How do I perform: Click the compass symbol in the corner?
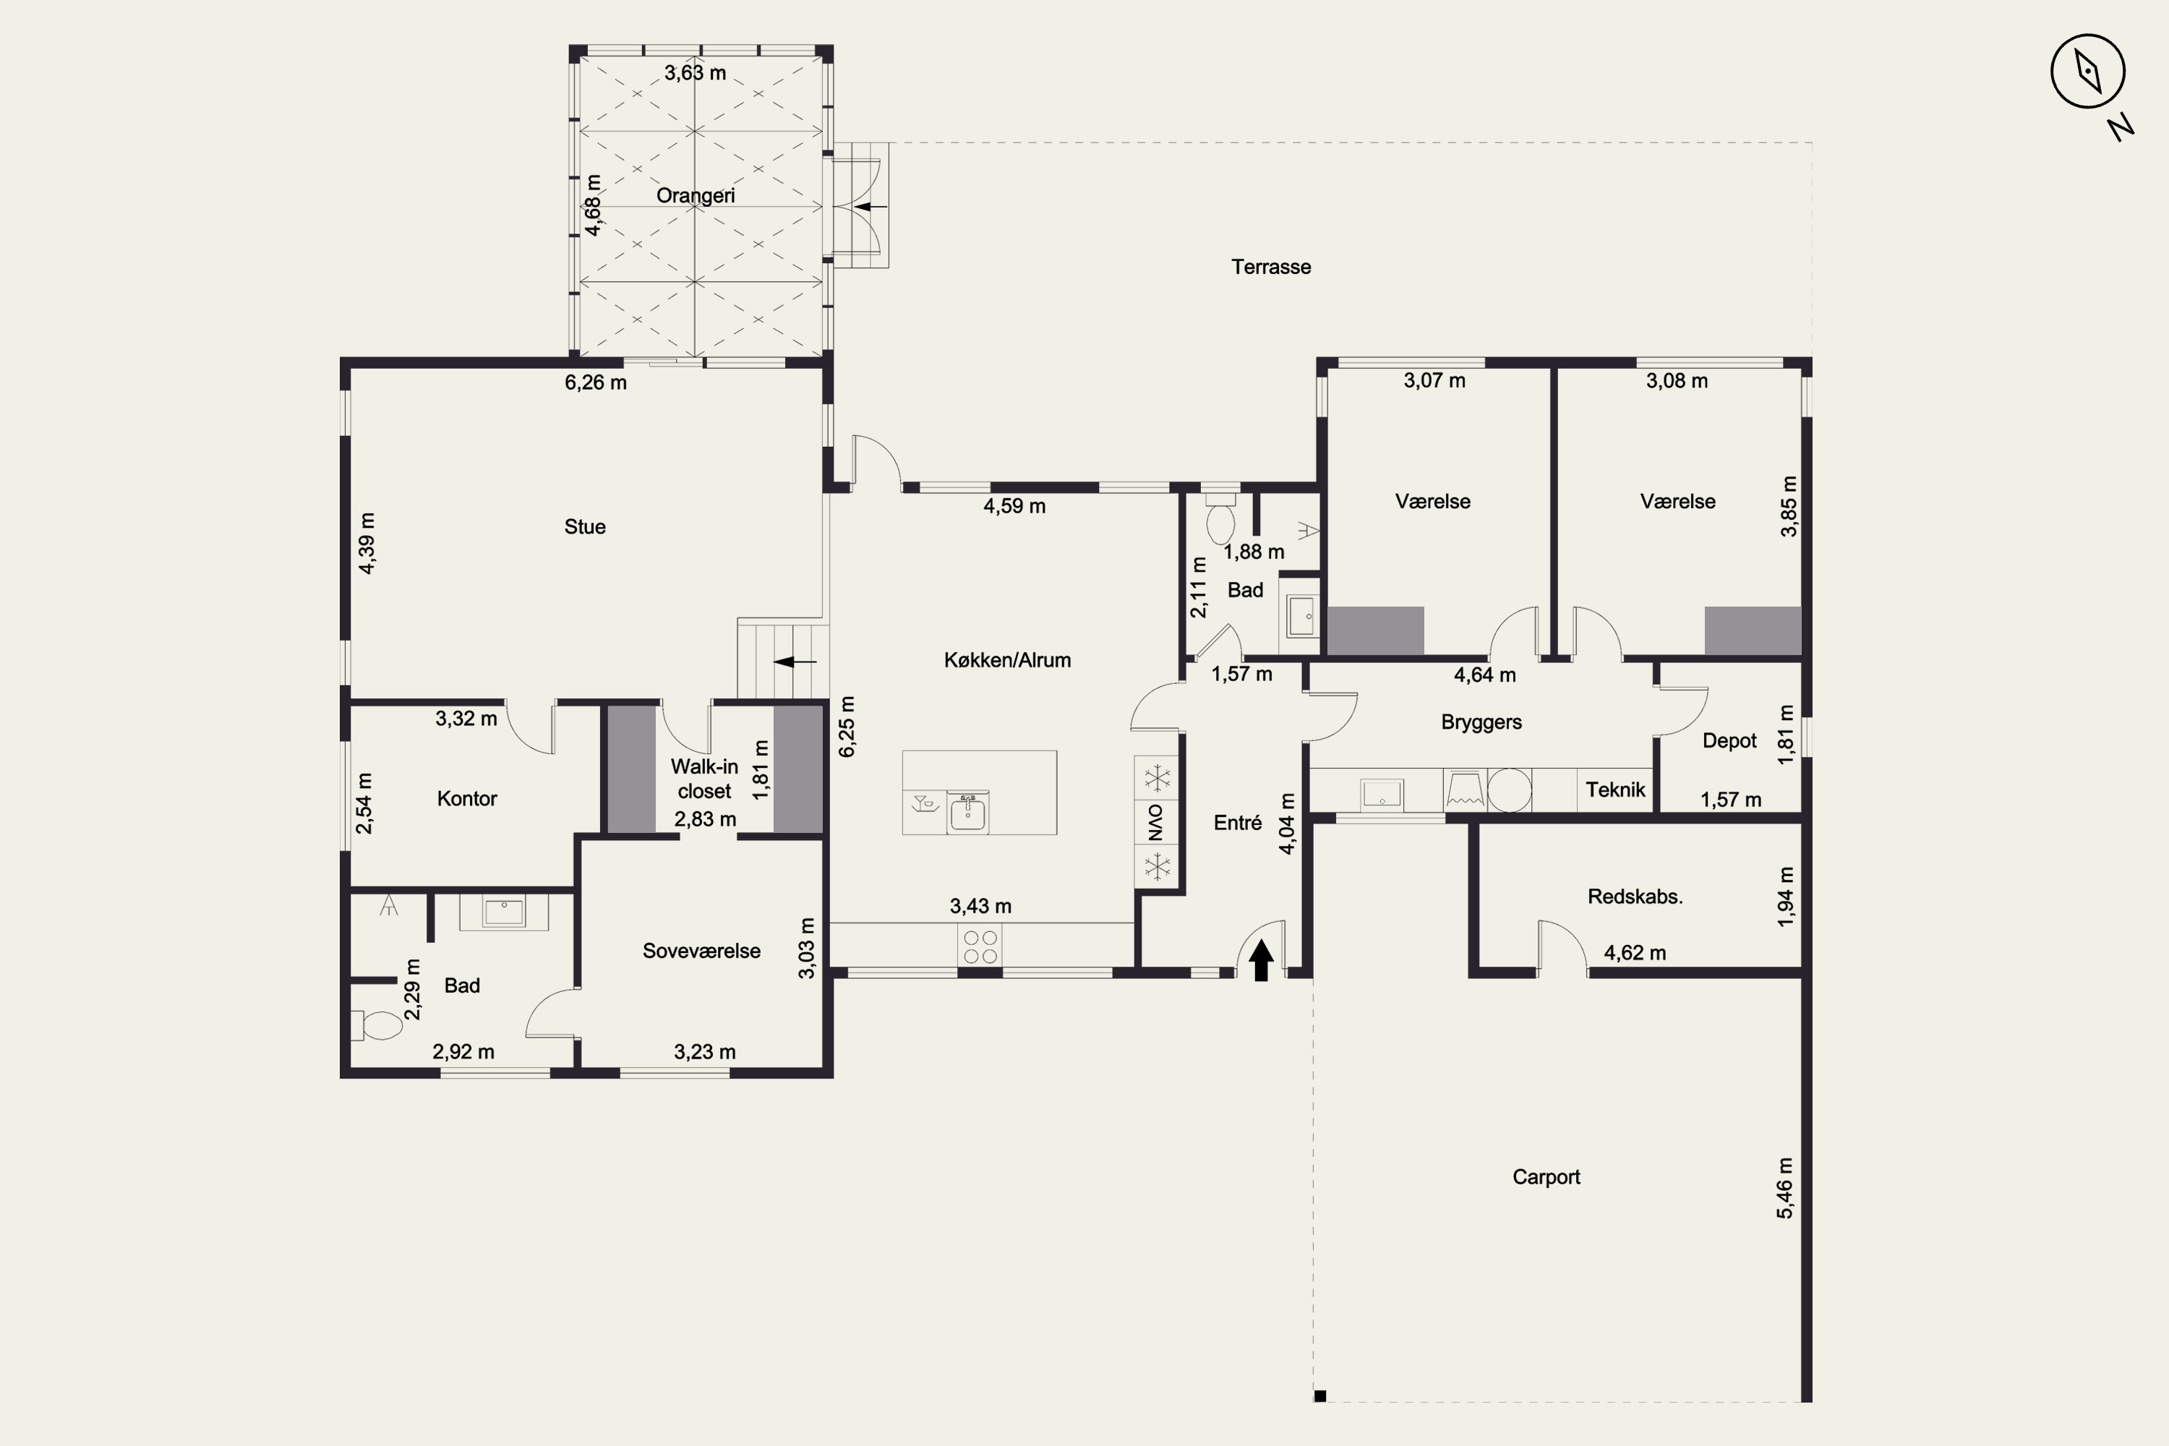(x=2088, y=72)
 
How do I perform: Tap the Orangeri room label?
(x=696, y=195)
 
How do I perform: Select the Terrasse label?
(x=1271, y=267)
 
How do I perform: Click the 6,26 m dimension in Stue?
(x=596, y=382)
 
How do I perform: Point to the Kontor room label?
(x=466, y=799)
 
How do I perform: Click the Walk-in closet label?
(x=704, y=779)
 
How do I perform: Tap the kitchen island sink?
(x=967, y=813)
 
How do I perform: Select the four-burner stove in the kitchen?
(x=980, y=947)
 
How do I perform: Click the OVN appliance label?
(x=1156, y=821)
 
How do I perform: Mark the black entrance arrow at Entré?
(x=1261, y=960)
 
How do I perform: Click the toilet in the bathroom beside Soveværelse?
(x=377, y=1025)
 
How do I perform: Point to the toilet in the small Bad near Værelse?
(x=1220, y=518)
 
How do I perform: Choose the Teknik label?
(x=1616, y=790)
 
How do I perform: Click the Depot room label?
(x=1729, y=740)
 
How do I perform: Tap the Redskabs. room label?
(x=1635, y=897)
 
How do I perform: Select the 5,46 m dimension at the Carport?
(x=1785, y=1188)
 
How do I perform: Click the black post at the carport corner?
(x=1319, y=1396)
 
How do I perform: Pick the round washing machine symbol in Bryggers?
(x=1509, y=790)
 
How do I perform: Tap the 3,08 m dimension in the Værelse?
(x=1677, y=381)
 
